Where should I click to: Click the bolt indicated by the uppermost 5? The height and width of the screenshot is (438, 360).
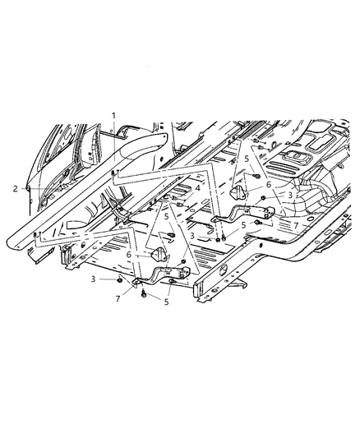point(257,177)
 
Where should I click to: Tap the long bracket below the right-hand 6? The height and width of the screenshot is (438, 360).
point(238,219)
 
